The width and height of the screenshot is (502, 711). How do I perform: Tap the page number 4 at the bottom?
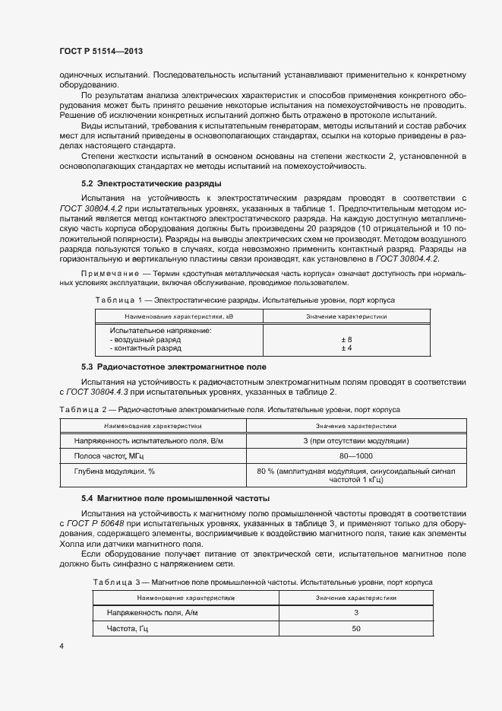click(62, 646)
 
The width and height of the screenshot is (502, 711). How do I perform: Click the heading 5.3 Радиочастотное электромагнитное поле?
click(173, 367)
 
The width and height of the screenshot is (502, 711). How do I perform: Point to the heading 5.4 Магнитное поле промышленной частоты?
click(175, 499)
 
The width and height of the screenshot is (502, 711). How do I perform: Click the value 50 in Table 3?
click(356, 629)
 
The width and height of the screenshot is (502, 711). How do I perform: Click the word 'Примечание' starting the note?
click(109, 272)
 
